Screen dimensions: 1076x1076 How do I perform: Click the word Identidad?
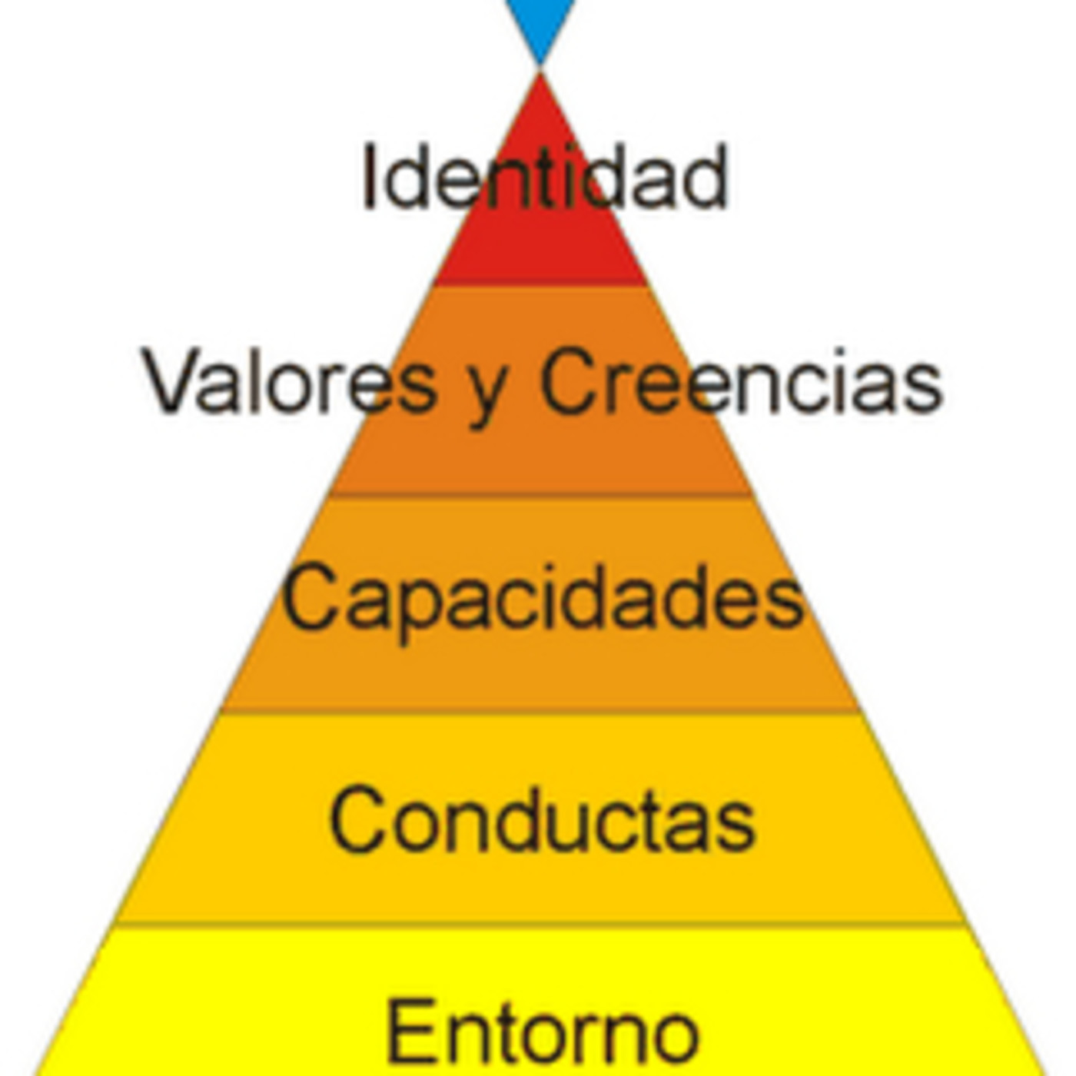[x=545, y=177]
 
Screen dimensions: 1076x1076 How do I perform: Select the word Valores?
[x=290, y=380]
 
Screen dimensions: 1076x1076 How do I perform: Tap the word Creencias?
[x=741, y=380]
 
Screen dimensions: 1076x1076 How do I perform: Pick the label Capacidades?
[x=543, y=599]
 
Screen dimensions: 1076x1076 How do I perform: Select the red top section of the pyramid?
[x=540, y=234]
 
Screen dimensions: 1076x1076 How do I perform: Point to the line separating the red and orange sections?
[x=540, y=285]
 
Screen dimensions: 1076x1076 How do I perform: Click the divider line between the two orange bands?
[x=540, y=495]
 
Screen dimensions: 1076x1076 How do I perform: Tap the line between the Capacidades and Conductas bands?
[x=540, y=712]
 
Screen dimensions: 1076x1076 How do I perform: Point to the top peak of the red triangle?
[x=540, y=73]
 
